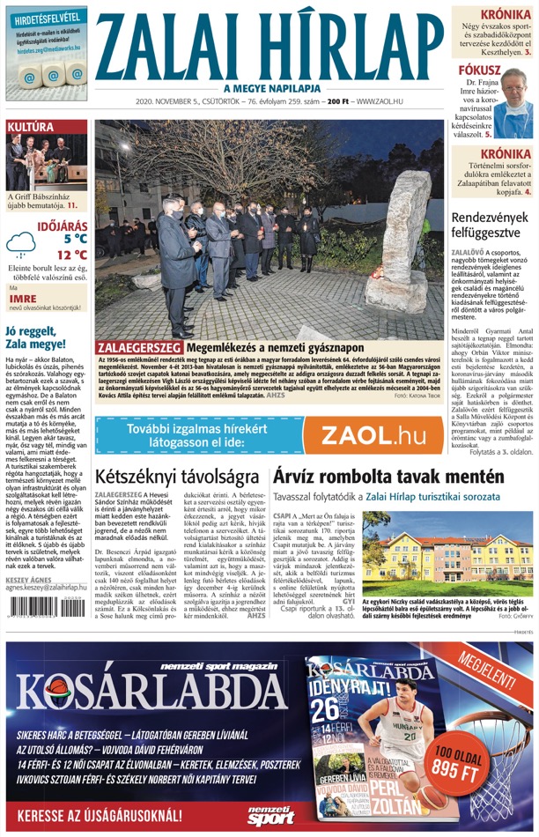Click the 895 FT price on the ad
(x=458, y=768)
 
